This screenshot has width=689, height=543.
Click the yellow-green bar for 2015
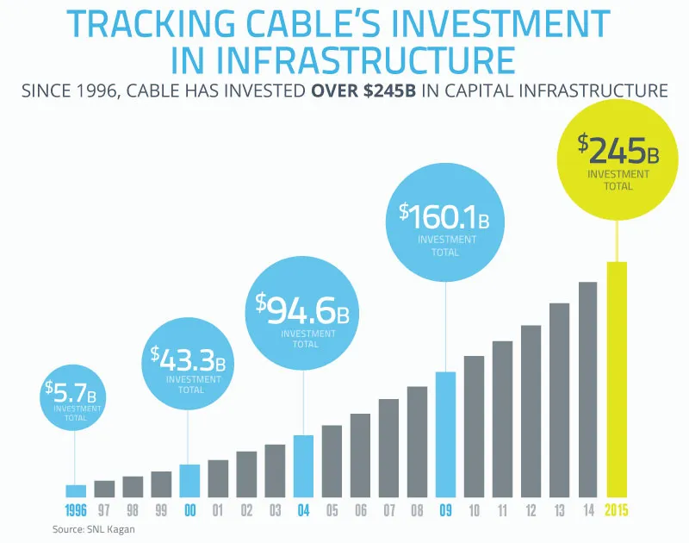pos(617,380)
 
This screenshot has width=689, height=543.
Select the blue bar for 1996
pos(76,491)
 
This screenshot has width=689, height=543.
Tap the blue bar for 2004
pos(303,466)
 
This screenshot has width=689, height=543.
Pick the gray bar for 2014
pos(588,390)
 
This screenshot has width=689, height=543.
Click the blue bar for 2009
pos(445,435)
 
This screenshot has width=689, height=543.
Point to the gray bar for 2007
pos(388,448)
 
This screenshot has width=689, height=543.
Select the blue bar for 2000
pos(189,481)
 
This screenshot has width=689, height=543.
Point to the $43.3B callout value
pos(189,357)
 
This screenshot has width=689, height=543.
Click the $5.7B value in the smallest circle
pos(76,393)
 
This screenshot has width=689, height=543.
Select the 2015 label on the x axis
pos(617,510)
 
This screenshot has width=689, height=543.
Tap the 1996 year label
pos(76,510)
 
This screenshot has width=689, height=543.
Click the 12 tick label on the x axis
pos(531,510)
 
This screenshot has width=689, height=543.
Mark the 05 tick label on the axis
pos(332,510)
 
